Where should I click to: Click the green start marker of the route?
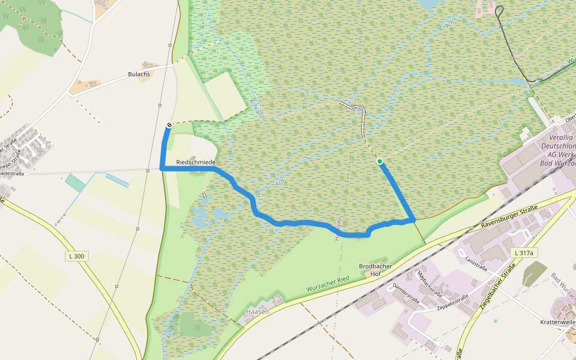[x=380, y=161]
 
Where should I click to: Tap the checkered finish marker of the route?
[x=170, y=125]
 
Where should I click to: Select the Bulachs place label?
[x=139, y=74]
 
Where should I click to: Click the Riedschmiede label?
[x=196, y=163]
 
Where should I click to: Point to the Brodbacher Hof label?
[x=370, y=269]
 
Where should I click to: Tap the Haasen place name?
[x=256, y=312]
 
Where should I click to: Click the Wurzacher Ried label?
[x=328, y=284]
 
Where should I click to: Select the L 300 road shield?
[x=76, y=256]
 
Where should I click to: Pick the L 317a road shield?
[x=523, y=253]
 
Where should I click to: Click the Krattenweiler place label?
[x=557, y=322]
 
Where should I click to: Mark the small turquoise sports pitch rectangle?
[x=75, y=183]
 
